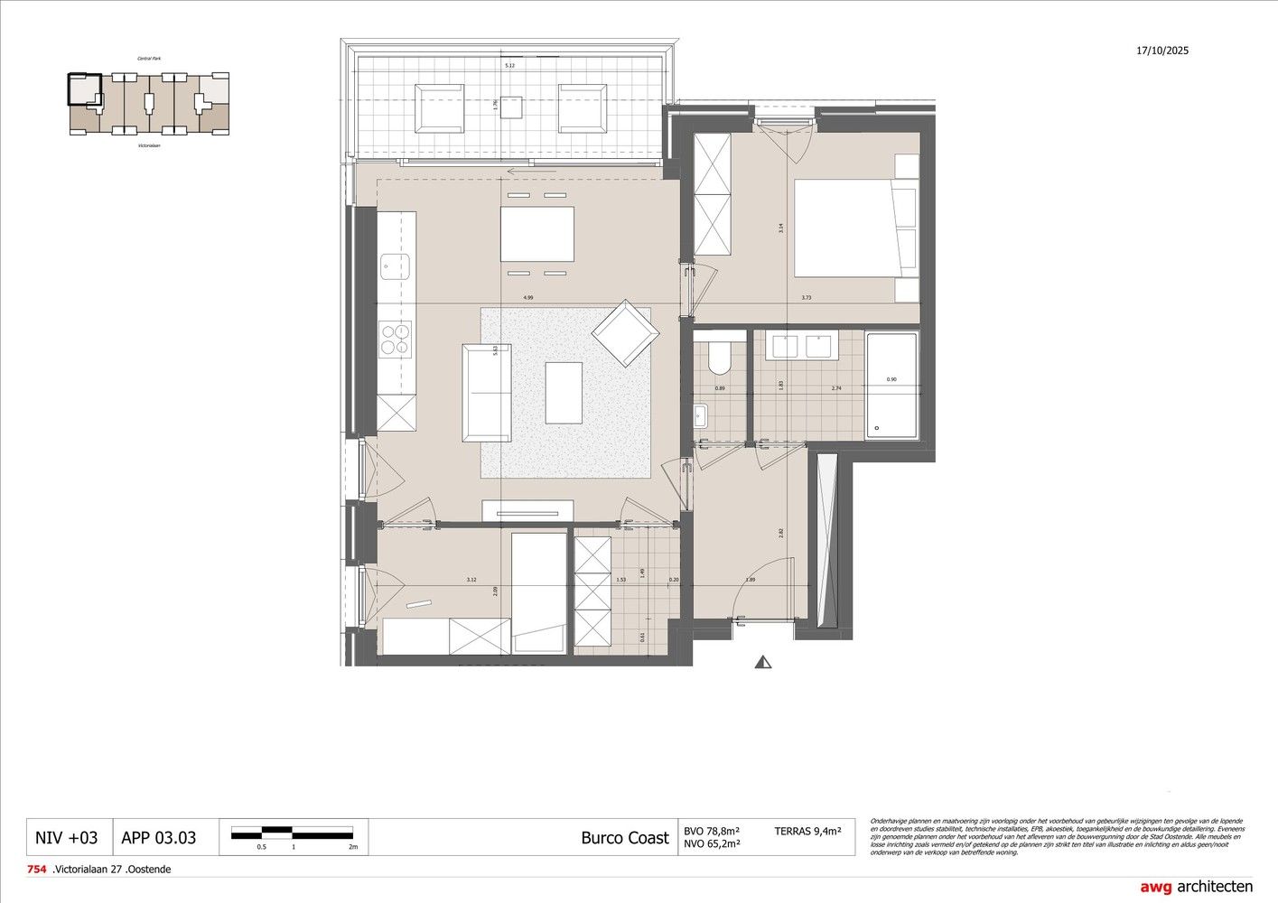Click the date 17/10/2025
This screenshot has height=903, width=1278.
click(x=1162, y=51)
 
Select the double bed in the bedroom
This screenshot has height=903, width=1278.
click(x=854, y=228)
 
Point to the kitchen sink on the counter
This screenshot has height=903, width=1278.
click(x=395, y=265)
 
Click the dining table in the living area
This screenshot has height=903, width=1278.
click(x=537, y=234)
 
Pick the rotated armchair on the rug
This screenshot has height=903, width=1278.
click(x=624, y=333)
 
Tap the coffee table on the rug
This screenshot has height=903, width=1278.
click(x=564, y=392)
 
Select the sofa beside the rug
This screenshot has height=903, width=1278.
click(x=487, y=392)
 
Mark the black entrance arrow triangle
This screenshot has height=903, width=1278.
click(x=765, y=662)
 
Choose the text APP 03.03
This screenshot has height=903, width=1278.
click(x=158, y=838)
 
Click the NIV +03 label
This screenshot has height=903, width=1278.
click(x=66, y=838)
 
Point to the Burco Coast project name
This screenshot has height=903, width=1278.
click(x=625, y=838)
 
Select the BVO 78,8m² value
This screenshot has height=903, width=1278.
click(x=712, y=830)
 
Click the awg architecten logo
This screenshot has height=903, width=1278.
click(x=1196, y=887)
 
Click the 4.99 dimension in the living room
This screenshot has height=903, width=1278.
click(x=528, y=297)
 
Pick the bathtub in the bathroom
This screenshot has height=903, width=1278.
click(x=891, y=386)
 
